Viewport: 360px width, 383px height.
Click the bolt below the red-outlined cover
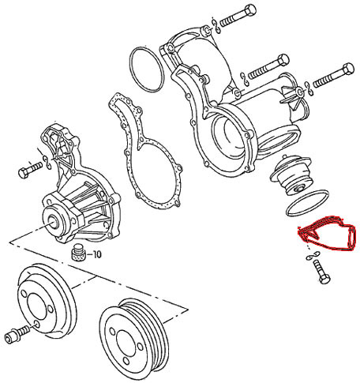click(x=321, y=272)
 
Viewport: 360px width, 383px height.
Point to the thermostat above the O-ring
click(x=291, y=175)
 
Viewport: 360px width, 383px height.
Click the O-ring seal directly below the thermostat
click(x=307, y=203)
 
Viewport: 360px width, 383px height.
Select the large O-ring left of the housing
click(x=146, y=69)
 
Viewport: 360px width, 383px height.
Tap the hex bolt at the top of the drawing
click(x=238, y=16)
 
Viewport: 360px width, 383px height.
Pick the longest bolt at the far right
click(x=333, y=76)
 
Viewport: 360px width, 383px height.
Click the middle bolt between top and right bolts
click(x=268, y=66)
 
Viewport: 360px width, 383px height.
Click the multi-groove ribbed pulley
click(x=134, y=340)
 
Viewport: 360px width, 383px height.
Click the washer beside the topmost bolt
click(x=216, y=25)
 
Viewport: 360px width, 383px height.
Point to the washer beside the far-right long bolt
click(x=308, y=88)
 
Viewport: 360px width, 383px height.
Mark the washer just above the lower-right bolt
click(x=313, y=255)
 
